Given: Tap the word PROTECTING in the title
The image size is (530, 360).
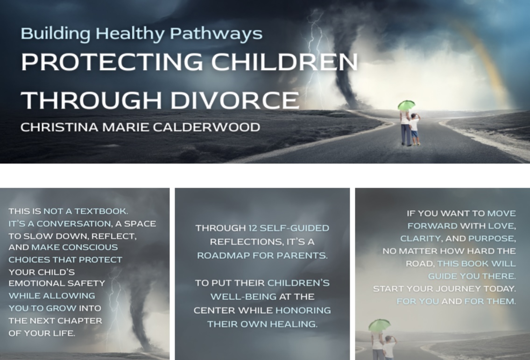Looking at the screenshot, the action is [112, 62].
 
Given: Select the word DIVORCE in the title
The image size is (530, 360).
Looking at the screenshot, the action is [234, 100].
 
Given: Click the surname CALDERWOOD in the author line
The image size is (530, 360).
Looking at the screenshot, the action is [206, 127].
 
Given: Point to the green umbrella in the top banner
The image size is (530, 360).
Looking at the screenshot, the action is [406, 105].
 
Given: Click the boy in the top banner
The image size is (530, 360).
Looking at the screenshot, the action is [414, 129].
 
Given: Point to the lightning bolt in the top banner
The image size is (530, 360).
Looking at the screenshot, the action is [314, 51].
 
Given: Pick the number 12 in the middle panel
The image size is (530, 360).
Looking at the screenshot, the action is [253, 228].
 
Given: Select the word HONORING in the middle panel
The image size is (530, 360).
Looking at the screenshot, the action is [303, 311].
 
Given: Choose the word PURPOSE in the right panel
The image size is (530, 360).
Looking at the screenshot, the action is [492, 239].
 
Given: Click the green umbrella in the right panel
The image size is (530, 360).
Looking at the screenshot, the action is [379, 325].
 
